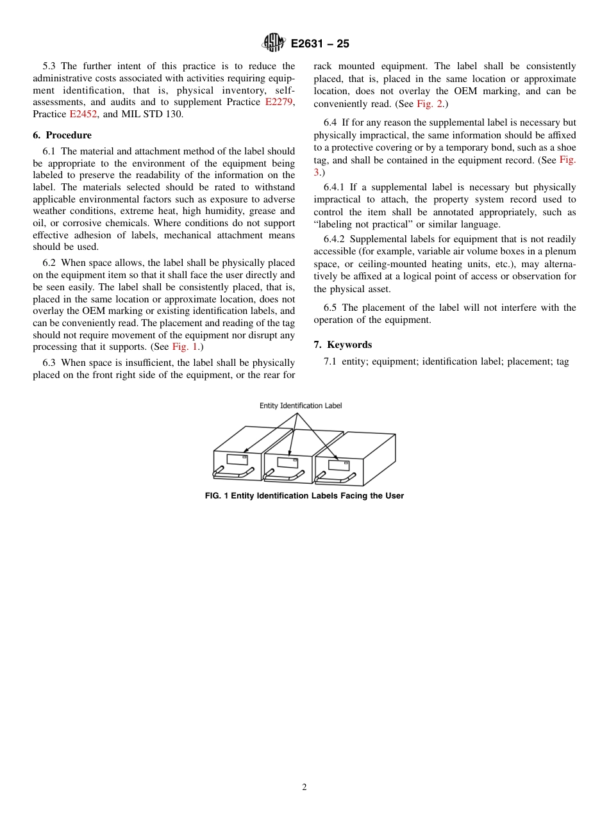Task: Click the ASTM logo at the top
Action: pos(273,44)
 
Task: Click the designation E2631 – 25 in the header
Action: pos(320,44)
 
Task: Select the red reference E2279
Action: pos(279,102)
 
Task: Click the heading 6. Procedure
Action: pos(62,135)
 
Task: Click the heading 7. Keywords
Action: pos(343,345)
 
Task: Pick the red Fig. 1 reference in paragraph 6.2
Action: pos(186,347)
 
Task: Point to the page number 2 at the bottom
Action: pos(304,787)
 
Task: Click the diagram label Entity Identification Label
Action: pos(301,406)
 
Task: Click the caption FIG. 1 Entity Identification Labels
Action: pos(304,496)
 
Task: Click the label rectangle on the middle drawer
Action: pos(287,462)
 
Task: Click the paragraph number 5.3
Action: pos(49,66)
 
